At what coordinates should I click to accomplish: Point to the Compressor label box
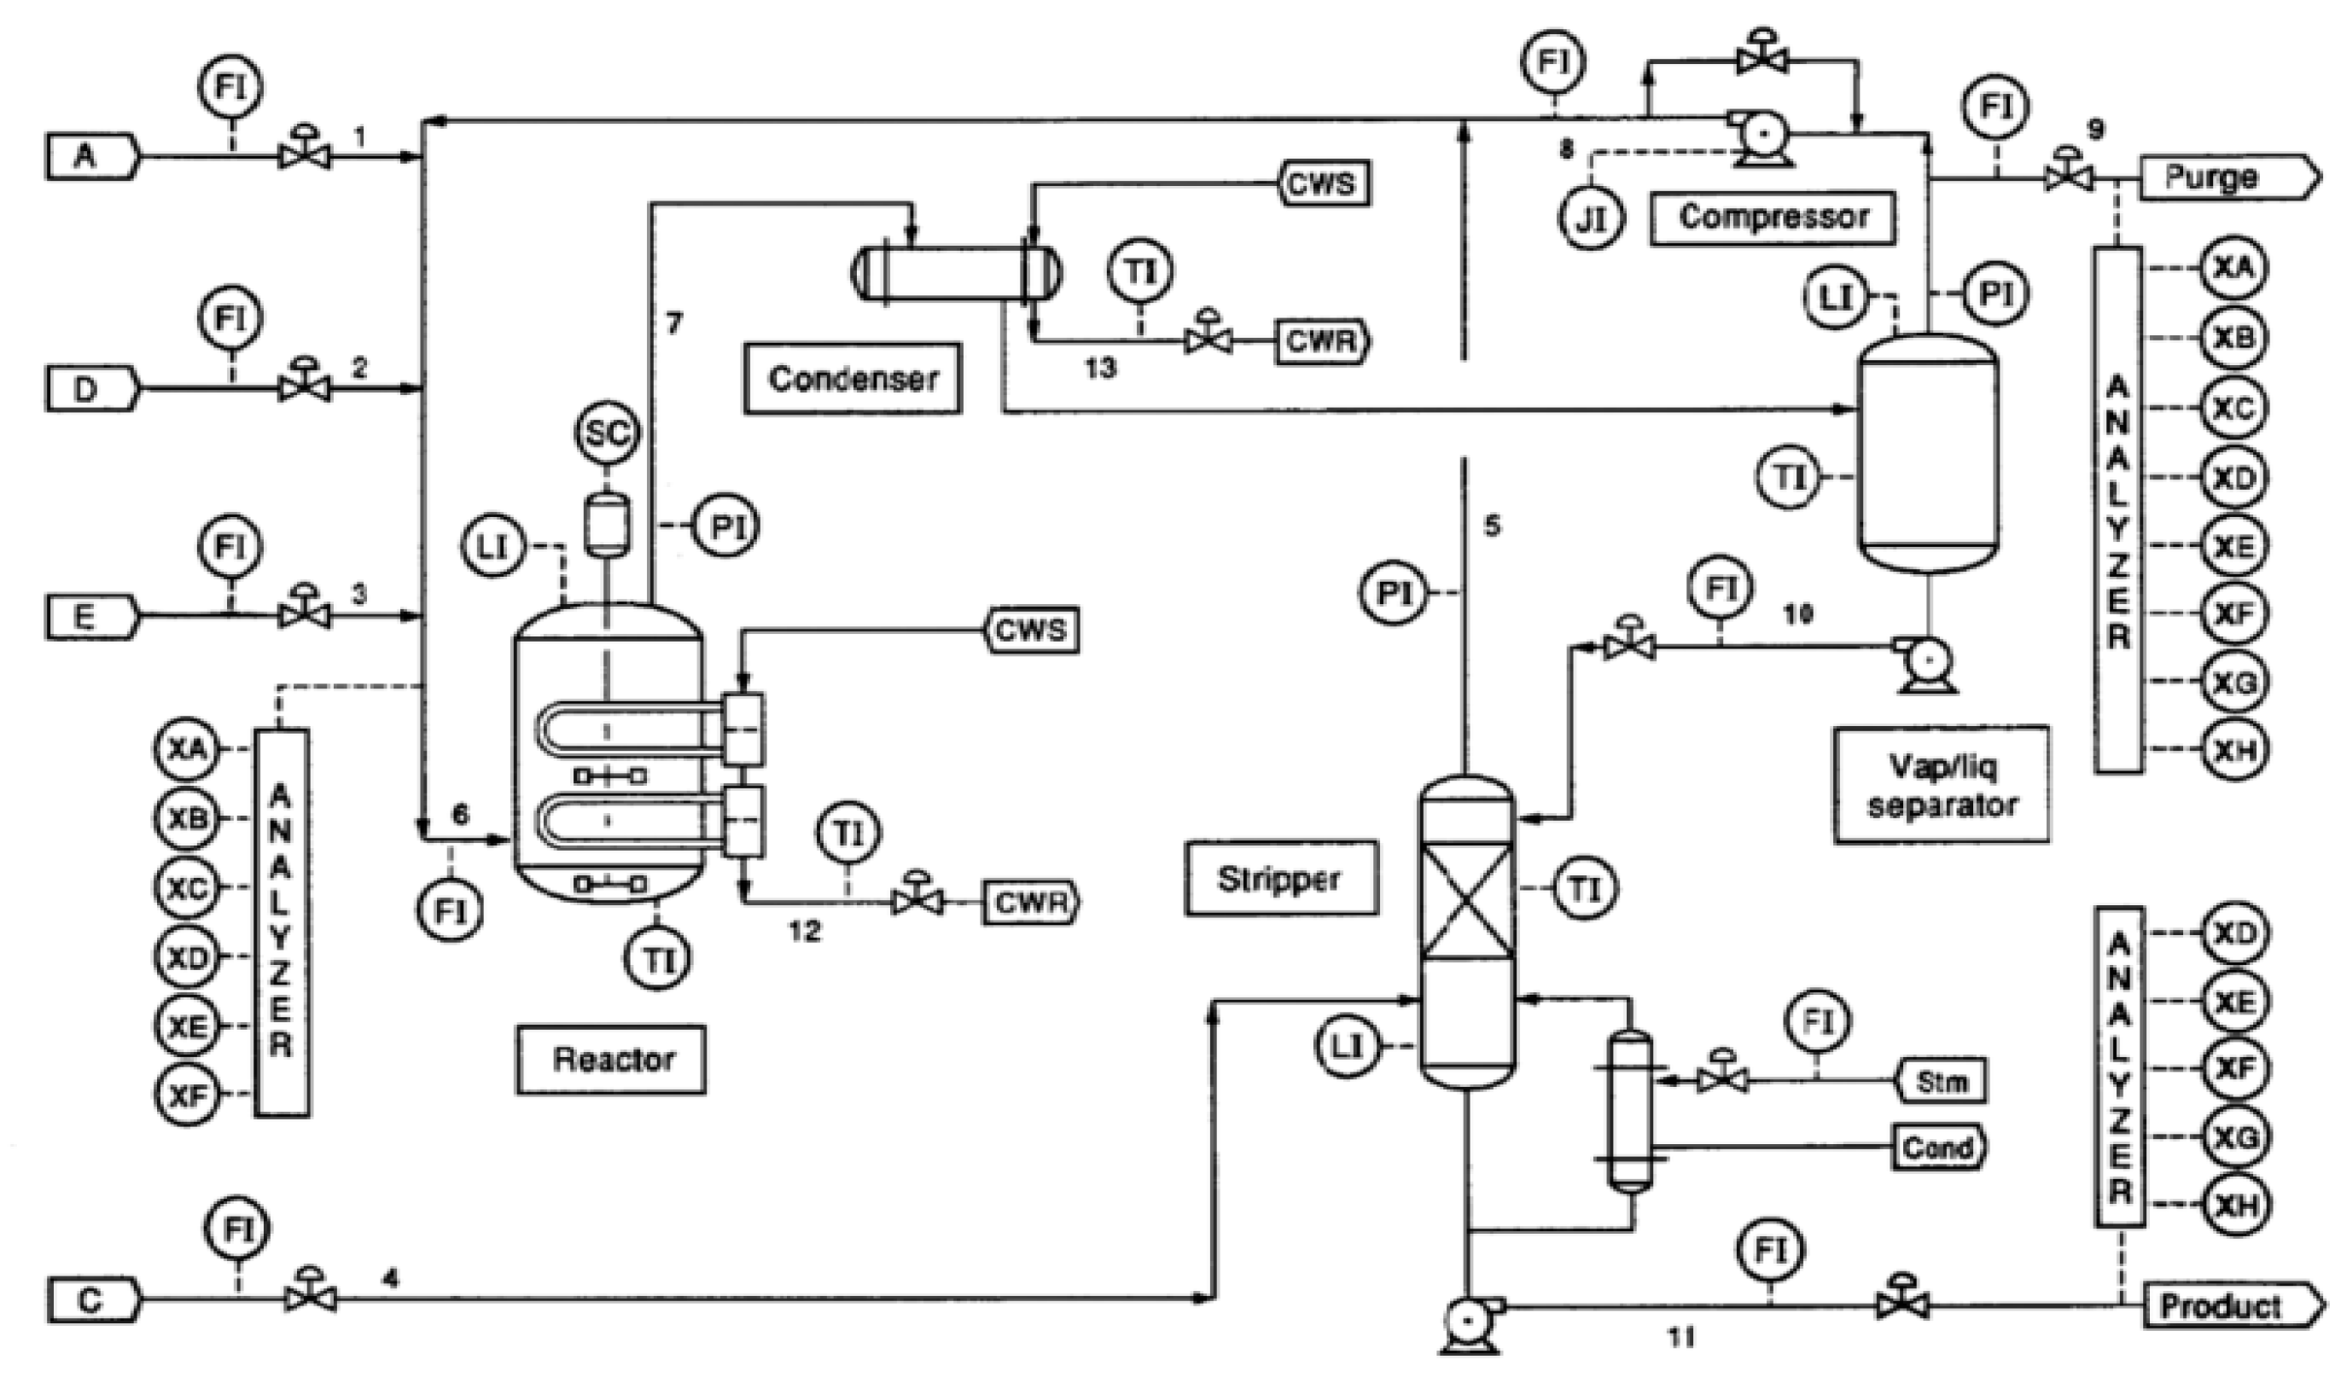[x=1772, y=218]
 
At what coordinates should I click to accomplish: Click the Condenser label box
[x=853, y=379]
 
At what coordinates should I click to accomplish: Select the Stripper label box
[x=1280, y=879]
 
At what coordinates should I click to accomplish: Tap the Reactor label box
[x=611, y=1060]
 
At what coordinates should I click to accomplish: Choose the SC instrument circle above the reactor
[x=607, y=434]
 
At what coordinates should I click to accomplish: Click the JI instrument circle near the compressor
[x=1592, y=219]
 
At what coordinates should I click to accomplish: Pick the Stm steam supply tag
[x=1940, y=1082]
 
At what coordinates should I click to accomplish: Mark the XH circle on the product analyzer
[x=2234, y=1206]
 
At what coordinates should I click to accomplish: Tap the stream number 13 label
[x=1100, y=369]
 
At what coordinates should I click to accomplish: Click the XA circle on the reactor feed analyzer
[x=187, y=749]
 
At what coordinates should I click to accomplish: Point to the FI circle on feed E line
[x=230, y=549]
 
